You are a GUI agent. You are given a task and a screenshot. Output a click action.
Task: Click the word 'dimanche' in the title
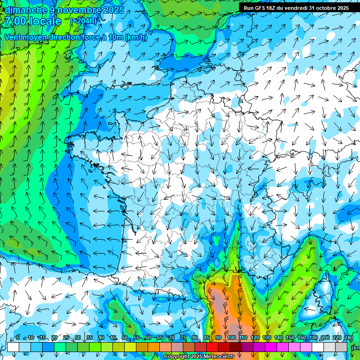click(x=23, y=10)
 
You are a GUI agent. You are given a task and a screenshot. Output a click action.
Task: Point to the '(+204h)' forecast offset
click(x=83, y=21)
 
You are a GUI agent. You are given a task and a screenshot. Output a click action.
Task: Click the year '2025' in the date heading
click(x=112, y=10)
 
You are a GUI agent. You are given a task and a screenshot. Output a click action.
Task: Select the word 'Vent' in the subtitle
click(x=13, y=37)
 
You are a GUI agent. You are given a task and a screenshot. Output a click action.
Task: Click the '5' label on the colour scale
click(x=18, y=338)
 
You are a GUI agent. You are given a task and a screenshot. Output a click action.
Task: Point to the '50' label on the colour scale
click(x=125, y=338)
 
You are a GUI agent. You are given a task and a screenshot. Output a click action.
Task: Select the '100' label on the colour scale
click(x=231, y=338)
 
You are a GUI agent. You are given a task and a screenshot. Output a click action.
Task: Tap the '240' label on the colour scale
click(x=348, y=338)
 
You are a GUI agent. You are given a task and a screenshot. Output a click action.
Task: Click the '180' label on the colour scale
click(x=314, y=338)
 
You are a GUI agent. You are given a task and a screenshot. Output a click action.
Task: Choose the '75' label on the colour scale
click(x=183, y=338)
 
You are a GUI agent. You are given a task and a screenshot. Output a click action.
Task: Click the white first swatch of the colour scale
click(x=13, y=347)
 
